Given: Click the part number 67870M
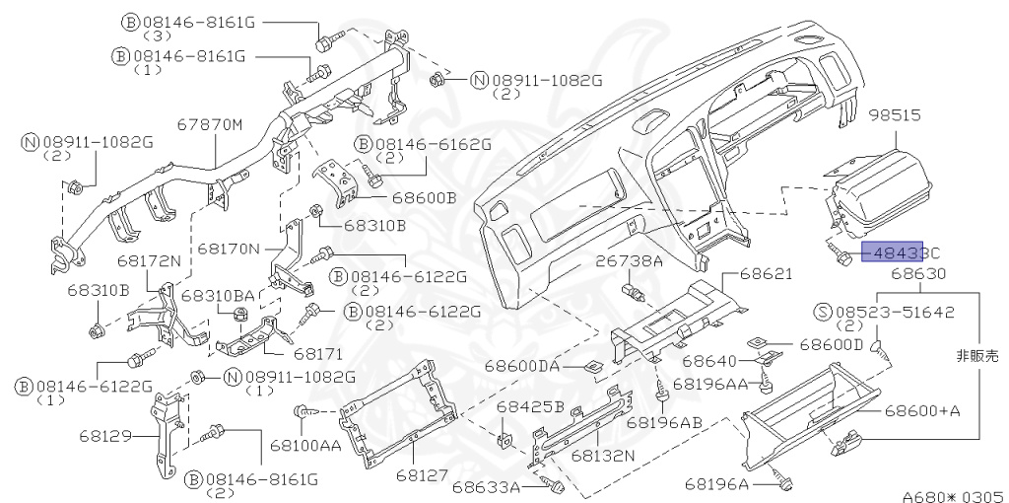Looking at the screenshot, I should point(209,125).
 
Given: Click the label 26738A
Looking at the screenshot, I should point(628,261).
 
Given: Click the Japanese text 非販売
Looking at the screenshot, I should point(977,353).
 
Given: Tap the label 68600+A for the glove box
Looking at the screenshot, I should point(920,409).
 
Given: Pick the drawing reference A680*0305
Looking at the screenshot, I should point(953,495).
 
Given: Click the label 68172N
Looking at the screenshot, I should point(150,261).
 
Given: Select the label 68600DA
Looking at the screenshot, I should point(521,366).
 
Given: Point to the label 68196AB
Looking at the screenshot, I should point(664,421).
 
